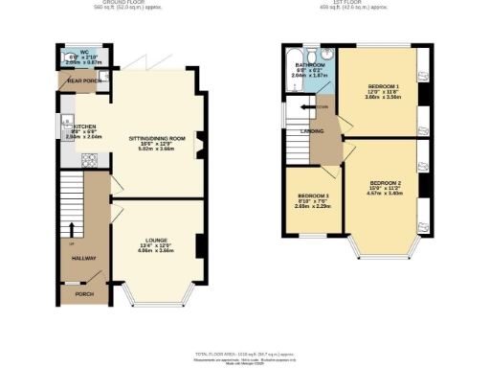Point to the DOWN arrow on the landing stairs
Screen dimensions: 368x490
click(322, 106)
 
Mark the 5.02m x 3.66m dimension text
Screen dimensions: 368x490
click(155, 151)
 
